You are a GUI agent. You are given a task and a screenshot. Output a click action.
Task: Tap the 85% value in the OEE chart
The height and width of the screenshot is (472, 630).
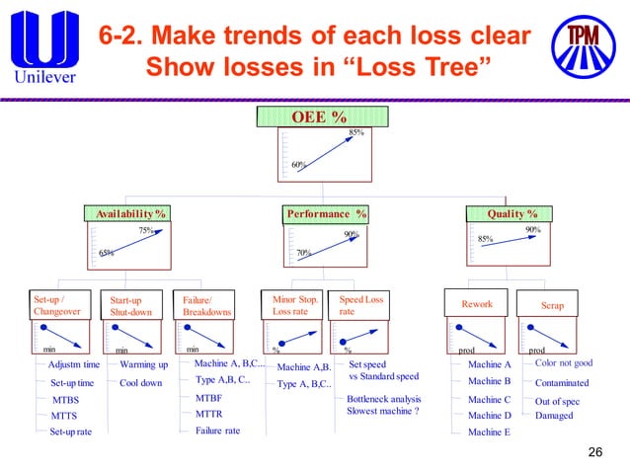[x=356, y=132]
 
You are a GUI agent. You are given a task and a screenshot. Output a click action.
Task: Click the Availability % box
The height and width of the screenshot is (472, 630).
[x=129, y=213]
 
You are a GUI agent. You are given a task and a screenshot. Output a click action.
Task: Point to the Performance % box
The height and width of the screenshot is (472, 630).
[x=327, y=213]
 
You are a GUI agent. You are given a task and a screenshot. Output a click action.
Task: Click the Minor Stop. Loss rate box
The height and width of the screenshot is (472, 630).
[x=297, y=304]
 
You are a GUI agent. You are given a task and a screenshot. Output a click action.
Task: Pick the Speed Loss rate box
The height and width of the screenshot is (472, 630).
[x=361, y=304]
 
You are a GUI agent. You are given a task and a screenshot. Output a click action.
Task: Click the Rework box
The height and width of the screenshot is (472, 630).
[x=477, y=304]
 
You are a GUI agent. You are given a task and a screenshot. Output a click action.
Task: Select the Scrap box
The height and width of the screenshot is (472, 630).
[x=552, y=305]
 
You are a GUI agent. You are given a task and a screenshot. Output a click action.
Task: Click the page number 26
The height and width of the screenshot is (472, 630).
[x=594, y=452]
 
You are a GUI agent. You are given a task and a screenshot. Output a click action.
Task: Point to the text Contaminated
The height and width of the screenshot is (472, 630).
[x=561, y=383]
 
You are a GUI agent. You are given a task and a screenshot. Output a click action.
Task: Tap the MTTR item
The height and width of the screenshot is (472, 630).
[x=208, y=415]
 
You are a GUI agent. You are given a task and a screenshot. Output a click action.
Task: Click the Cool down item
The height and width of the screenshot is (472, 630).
[x=141, y=383]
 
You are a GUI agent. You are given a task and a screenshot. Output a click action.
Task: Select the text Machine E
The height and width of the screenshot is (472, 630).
[x=489, y=432]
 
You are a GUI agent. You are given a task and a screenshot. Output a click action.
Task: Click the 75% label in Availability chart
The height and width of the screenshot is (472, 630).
[x=145, y=230]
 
